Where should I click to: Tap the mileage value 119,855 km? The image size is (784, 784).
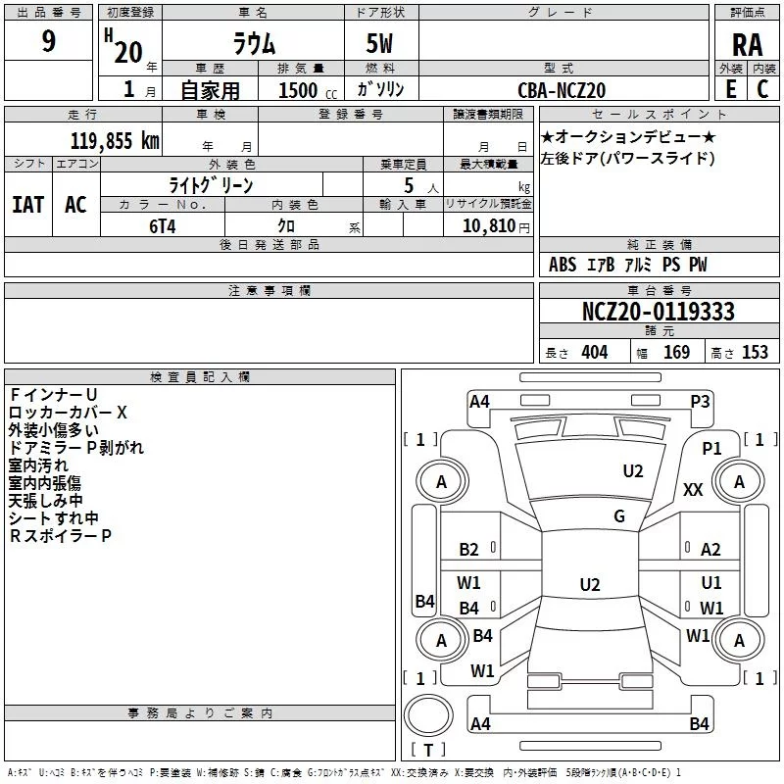pos(115,141)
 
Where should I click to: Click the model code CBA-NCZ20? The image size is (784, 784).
pos(562,90)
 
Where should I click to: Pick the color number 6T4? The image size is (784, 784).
pos(163,224)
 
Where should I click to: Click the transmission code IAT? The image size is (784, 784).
pos(27,205)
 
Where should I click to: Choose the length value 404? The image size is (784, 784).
pos(594,353)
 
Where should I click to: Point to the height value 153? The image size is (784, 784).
pos(755,353)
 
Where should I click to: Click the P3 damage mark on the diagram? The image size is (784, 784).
pos(700,401)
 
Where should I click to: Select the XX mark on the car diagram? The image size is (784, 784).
pos(693,490)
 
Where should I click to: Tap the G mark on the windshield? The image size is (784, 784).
pos(618,516)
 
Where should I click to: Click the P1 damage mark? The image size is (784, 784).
pos(711,448)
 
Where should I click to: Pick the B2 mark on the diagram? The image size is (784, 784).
pos(468,550)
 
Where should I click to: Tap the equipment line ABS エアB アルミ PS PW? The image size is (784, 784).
pos(627,265)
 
